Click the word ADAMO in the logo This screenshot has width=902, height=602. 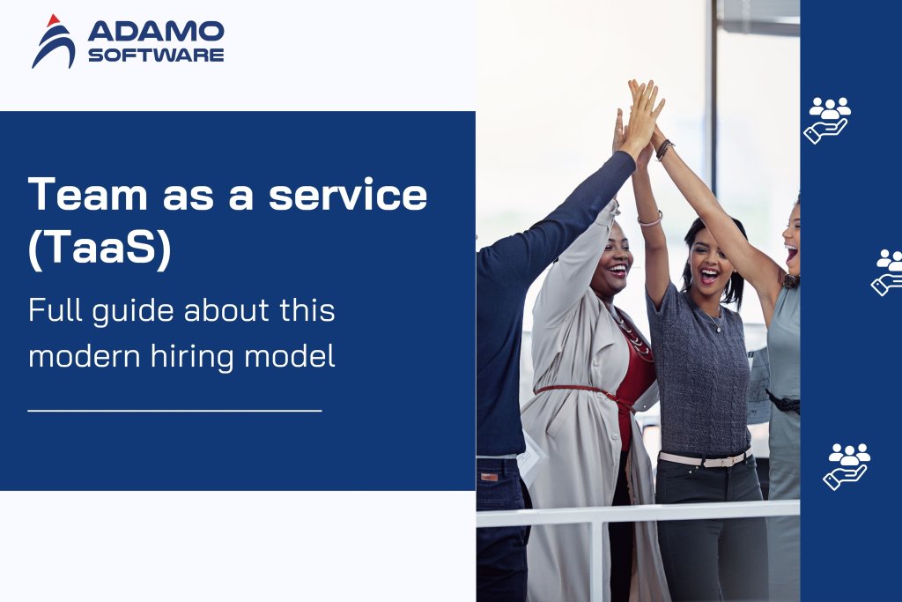(156, 33)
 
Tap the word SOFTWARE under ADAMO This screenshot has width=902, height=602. (156, 55)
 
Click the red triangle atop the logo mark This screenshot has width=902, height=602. (54, 19)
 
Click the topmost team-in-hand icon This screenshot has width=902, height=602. (828, 119)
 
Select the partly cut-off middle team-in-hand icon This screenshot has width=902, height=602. (887, 272)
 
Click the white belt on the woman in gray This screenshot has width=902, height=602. (705, 458)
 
